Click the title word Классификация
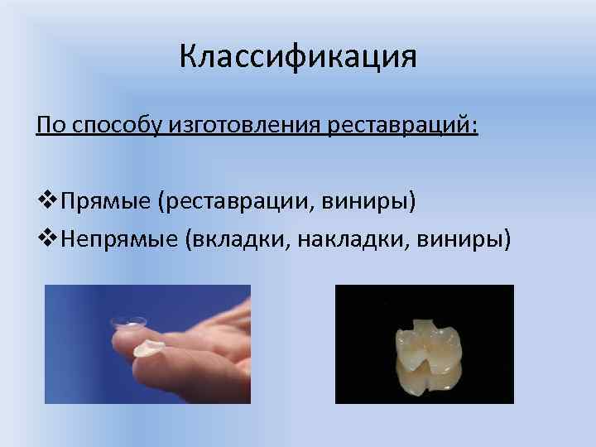pyautogui.click(x=298, y=57)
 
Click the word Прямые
pyautogui.click(x=107, y=200)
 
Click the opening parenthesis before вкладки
pyautogui.click(x=190, y=240)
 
